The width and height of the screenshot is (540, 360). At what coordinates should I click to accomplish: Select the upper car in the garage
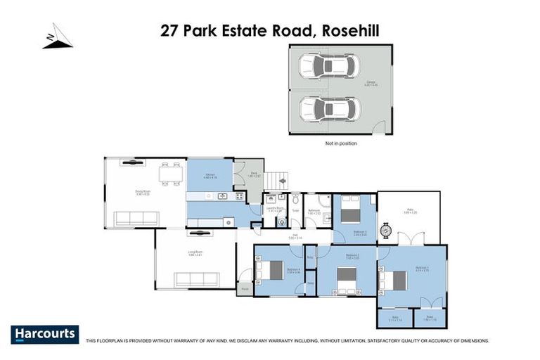329,67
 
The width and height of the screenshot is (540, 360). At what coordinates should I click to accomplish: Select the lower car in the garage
329,109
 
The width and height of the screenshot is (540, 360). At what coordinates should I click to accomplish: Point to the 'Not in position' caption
340,143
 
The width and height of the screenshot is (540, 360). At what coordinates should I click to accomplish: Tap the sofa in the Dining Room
137,218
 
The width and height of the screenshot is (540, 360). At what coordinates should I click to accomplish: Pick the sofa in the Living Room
197,280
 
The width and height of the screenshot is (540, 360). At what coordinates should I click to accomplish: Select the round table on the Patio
386,229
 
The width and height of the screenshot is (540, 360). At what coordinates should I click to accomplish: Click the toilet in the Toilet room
296,200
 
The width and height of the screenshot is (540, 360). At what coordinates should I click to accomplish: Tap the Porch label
245,288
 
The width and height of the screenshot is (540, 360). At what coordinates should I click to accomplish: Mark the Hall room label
295,237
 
